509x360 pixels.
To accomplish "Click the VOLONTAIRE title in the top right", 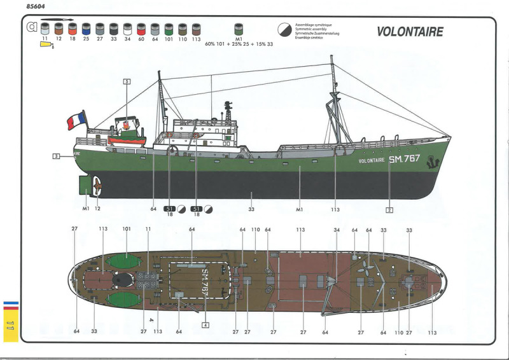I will pos(410,32).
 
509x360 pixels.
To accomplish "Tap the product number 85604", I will pos(32,6).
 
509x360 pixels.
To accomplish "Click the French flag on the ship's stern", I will pos(76,120).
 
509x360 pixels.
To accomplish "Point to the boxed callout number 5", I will pos(127,81).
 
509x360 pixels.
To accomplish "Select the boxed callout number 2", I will pos(389,209).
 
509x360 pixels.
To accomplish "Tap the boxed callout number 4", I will pos(206,324).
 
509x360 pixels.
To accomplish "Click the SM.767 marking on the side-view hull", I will pos(405,158).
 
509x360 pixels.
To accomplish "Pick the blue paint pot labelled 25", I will pos(86,29).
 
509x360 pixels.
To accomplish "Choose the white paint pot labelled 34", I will pos(127,29).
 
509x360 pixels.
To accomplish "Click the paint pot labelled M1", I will pos(239,29).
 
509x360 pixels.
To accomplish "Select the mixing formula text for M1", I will pos(239,45).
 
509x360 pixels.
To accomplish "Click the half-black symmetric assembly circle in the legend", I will pos(284,30).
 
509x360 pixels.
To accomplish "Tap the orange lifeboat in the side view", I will pos(127,139).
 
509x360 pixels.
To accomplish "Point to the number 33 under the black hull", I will pos(251,209).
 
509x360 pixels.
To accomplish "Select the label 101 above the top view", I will pos(126,230).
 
